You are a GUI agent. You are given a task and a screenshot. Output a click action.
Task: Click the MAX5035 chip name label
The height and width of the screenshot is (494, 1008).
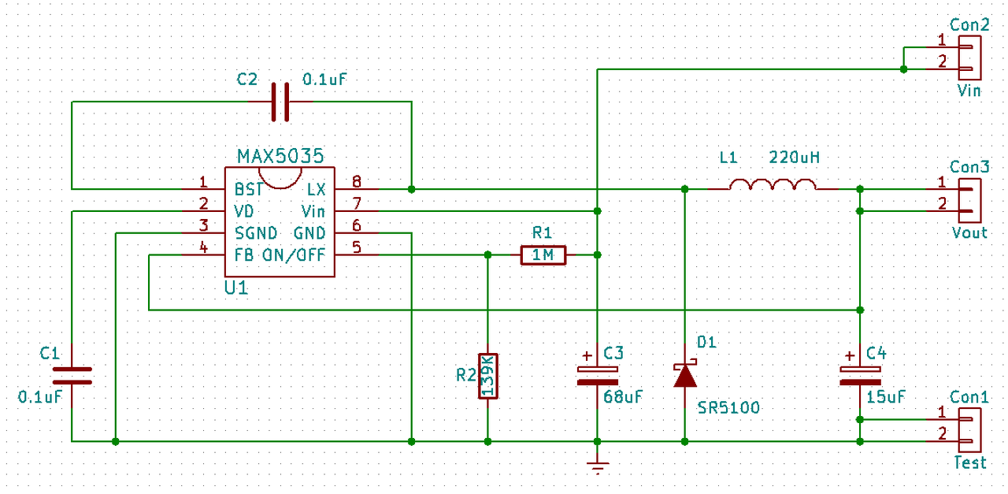click(280, 155)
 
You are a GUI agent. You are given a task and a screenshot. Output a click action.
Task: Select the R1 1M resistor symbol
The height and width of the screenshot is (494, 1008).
click(543, 254)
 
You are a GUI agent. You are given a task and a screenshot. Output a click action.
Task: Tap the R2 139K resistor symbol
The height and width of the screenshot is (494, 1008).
click(488, 376)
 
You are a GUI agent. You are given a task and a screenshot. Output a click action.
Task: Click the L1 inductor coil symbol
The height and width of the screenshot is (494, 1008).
click(773, 185)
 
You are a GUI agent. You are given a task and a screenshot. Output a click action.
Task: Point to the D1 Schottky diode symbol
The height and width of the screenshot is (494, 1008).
click(684, 374)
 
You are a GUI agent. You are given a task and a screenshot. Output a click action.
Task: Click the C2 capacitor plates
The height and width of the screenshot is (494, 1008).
click(280, 102)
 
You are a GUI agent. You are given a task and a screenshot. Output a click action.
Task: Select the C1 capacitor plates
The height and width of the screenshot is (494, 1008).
click(72, 375)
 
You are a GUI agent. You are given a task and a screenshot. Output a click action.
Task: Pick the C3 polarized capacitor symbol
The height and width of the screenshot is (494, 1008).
click(598, 375)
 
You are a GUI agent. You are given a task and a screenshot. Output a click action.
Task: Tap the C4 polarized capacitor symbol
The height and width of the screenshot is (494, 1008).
click(860, 375)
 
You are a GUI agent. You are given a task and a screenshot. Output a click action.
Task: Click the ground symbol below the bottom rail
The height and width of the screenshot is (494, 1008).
click(598, 466)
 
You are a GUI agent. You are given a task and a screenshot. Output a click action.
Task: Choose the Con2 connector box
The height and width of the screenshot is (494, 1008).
click(969, 58)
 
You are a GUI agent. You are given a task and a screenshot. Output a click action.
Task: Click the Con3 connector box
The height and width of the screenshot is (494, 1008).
click(969, 199)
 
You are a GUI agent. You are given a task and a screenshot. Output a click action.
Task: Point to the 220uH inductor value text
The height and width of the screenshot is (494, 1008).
click(794, 158)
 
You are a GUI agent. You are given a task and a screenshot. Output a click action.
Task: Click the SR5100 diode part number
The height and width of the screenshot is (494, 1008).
click(728, 408)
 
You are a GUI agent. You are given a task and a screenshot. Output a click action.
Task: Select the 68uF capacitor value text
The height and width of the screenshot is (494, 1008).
click(623, 397)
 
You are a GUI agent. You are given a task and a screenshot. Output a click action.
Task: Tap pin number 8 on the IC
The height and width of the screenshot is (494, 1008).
click(357, 180)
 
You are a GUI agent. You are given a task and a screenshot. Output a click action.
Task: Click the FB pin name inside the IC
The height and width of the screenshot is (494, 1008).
click(243, 255)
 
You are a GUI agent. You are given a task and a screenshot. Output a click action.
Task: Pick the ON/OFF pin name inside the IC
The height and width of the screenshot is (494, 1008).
click(303, 255)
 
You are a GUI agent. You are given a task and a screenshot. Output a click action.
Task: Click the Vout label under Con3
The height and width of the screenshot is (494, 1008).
click(969, 232)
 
